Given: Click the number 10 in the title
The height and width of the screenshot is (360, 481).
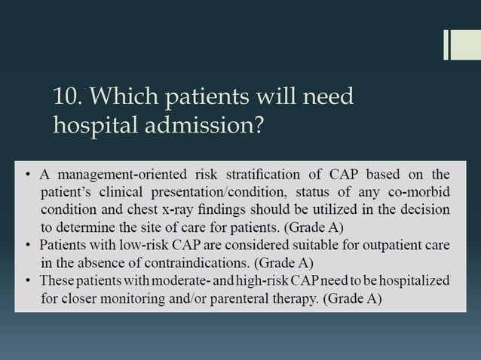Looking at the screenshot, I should (66, 97).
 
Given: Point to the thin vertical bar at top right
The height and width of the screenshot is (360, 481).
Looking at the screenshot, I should (447, 44).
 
